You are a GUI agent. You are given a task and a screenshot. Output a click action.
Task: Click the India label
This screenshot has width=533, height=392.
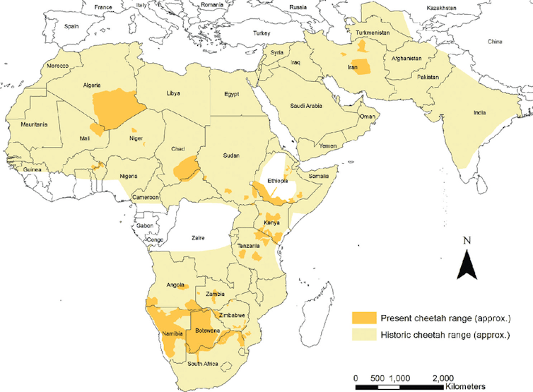[490, 112]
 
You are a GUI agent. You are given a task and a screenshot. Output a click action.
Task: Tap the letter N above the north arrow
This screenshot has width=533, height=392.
[467, 240]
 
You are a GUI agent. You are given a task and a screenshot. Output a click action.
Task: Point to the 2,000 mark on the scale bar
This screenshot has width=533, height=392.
[443, 378]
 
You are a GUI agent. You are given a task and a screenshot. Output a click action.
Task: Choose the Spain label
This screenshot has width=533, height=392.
[71, 26]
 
